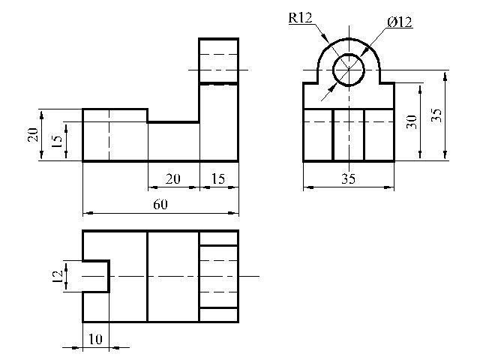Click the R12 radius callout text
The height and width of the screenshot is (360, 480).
pos(300,18)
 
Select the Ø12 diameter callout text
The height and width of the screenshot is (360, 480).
pos(400,22)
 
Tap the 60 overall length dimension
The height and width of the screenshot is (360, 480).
pos(160,205)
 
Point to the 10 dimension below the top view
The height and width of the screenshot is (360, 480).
pos(95,339)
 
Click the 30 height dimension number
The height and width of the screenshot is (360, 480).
pos(412,121)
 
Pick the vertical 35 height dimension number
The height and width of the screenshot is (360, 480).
pos(436,115)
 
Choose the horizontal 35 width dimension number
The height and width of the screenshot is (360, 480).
pos(348,178)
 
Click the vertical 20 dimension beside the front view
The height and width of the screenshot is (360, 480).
pos(33,135)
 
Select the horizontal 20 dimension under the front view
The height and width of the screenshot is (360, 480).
pos(173,178)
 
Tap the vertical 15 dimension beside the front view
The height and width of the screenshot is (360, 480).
pos(57,141)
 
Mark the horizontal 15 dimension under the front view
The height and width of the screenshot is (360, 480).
pos(218,178)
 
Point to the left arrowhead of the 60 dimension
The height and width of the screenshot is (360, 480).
pos(88,213)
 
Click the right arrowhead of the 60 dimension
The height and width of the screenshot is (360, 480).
pos(233,213)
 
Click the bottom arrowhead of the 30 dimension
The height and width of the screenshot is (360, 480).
pos(420,155)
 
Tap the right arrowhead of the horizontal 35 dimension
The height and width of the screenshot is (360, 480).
pos(389,187)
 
